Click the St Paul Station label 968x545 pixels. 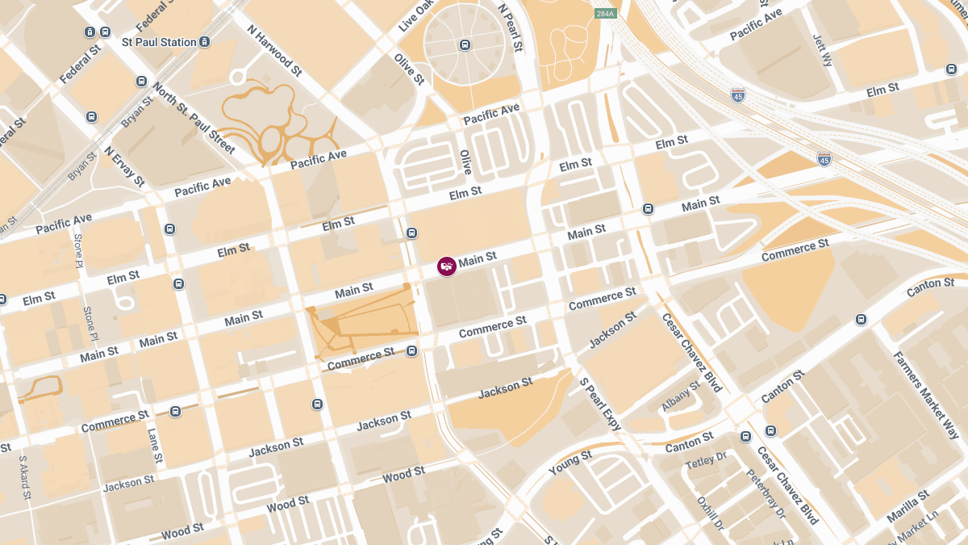[159, 42]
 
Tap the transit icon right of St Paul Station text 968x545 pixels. [205, 42]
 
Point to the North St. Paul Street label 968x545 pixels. [194, 119]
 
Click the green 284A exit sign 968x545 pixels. [605, 14]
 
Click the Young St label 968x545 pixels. [570, 461]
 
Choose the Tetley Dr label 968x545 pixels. [706, 460]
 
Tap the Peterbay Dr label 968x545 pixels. [766, 494]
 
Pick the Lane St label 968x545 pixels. [154, 445]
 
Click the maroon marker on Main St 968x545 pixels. [447, 266]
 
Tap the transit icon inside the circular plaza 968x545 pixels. [465, 45]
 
